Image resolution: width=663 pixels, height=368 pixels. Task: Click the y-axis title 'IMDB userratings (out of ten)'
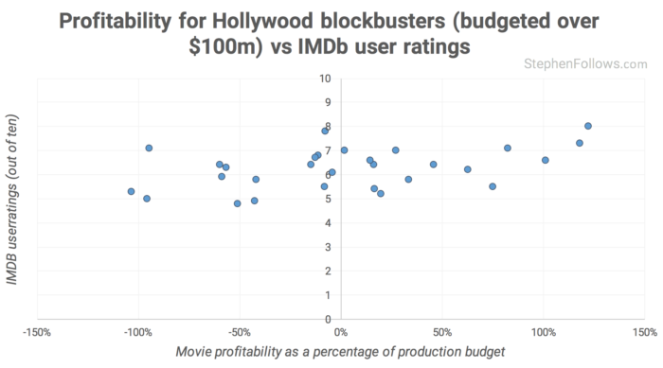pyautogui.click(x=13, y=199)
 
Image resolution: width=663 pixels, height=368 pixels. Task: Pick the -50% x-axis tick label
pyautogui.click(x=240, y=333)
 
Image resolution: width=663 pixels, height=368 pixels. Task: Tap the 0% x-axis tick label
pyautogui.click(x=341, y=333)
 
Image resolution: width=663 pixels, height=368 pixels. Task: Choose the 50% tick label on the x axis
pyautogui.click(x=442, y=333)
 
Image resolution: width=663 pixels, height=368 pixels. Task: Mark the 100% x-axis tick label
pyautogui.click(x=544, y=333)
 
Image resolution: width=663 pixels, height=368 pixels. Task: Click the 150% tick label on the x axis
pyautogui.click(x=645, y=333)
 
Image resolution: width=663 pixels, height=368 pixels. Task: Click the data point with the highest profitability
pyautogui.click(x=588, y=126)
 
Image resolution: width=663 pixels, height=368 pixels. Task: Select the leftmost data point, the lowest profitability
pyautogui.click(x=131, y=191)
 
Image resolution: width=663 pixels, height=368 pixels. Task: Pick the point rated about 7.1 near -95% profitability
pyautogui.click(x=149, y=148)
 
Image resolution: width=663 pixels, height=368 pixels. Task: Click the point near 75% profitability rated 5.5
pyautogui.click(x=493, y=186)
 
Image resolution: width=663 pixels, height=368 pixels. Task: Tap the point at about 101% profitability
pyautogui.click(x=546, y=160)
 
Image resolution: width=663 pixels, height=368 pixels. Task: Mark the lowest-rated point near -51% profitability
pyautogui.click(x=238, y=203)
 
